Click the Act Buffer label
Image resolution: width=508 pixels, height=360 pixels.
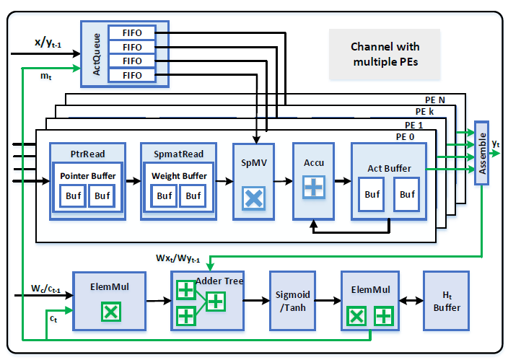point(389,169)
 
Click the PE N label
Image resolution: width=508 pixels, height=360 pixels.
point(435,99)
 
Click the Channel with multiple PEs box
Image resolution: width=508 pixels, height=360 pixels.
point(385,54)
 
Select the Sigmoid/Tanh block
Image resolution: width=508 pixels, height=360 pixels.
point(293,301)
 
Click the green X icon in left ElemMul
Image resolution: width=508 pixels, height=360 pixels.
point(110,312)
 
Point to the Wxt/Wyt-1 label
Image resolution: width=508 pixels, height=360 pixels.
point(179,258)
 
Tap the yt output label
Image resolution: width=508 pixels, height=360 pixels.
point(496,144)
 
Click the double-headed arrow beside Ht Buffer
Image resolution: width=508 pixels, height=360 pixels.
point(411,301)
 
